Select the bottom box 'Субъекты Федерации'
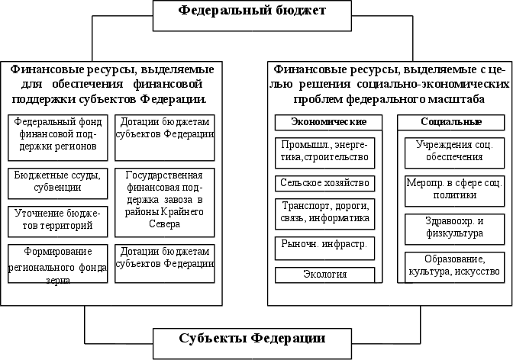[252, 338]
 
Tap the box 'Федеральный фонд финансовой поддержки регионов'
[56, 133]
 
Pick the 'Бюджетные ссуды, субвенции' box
[56, 181]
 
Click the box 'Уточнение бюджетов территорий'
[56, 219]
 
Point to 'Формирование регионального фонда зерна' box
[56, 263]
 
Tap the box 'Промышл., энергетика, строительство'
[326, 151]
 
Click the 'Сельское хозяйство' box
[326, 183]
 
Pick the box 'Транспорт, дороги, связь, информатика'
[326, 212]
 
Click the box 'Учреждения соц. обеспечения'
[450, 151]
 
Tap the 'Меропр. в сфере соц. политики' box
[450, 189]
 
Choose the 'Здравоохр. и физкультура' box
[450, 227]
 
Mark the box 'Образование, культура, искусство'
[450, 265]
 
